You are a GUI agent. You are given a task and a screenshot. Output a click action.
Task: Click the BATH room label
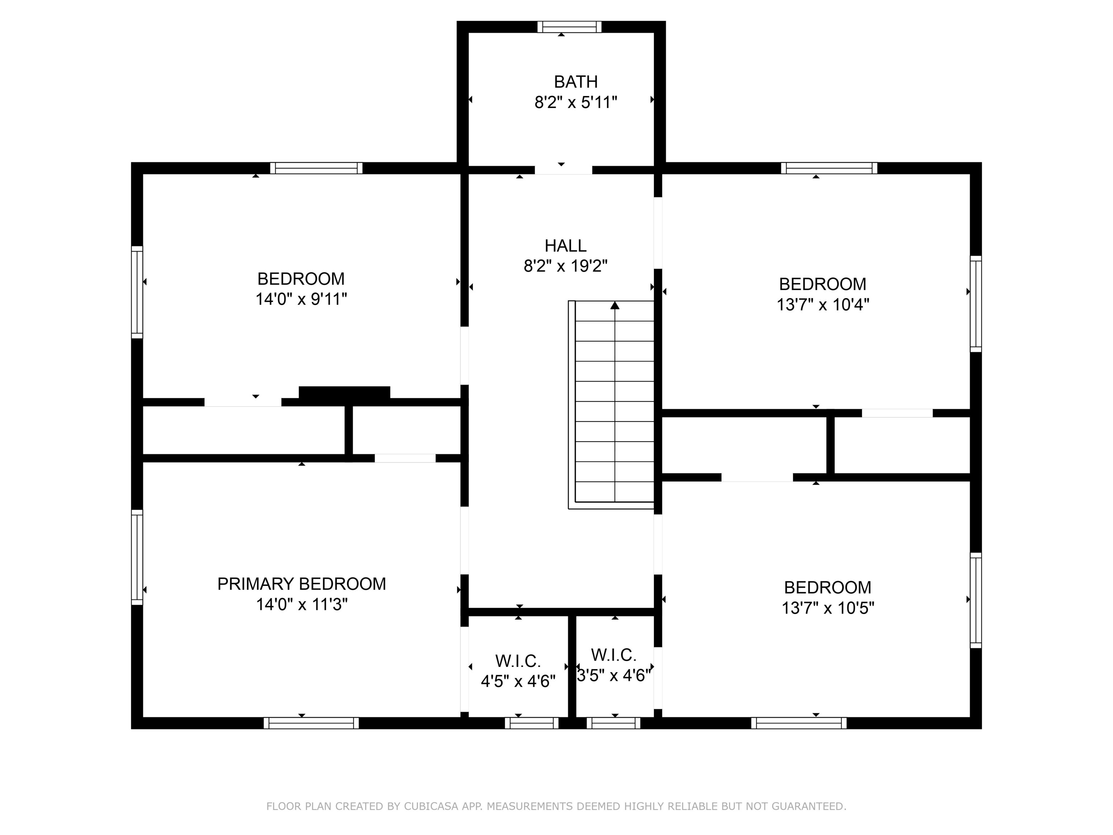576,82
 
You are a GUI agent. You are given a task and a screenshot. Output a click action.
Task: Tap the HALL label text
566,246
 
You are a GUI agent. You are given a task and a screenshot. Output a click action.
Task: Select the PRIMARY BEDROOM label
301,584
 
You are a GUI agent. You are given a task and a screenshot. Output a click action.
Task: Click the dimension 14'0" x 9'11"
301,299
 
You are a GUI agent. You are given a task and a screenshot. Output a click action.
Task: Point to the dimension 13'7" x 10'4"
823,304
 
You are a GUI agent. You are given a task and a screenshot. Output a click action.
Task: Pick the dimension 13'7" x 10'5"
828,608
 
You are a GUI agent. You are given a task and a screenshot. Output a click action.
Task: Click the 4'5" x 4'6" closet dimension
518,681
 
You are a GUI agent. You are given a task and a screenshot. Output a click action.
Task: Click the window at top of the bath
569,27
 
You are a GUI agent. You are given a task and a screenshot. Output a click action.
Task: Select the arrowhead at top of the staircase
615,306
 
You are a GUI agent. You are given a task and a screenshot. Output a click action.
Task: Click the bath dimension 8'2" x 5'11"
576,103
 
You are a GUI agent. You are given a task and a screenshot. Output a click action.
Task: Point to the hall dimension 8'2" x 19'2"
566,266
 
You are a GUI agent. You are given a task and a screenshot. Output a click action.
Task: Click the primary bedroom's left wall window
137,557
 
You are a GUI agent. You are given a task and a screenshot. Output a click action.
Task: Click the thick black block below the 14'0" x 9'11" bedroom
344,392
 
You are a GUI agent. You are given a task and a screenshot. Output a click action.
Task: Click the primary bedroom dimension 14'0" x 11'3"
302,605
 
